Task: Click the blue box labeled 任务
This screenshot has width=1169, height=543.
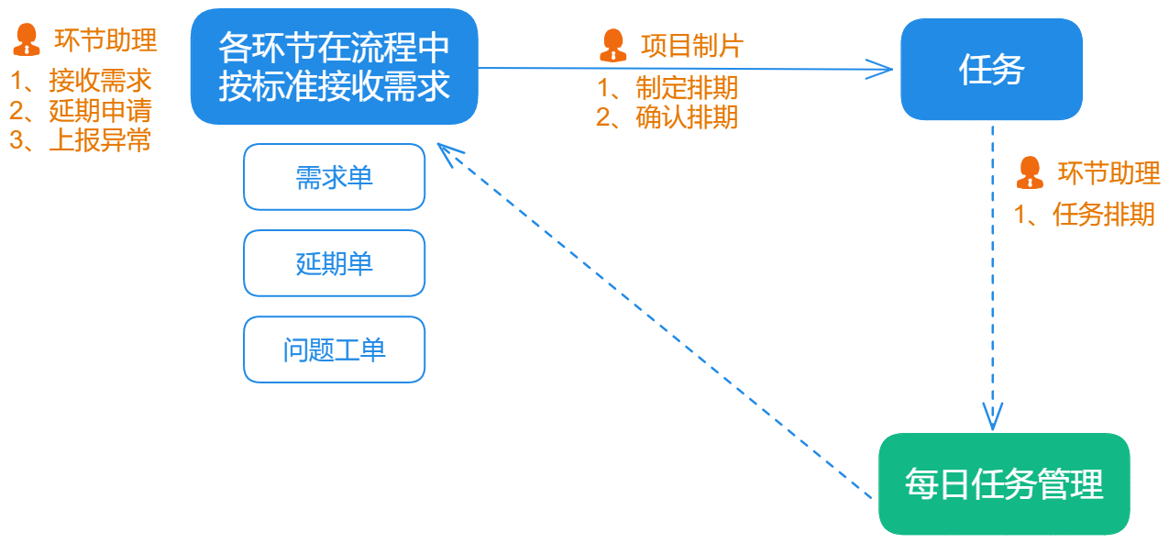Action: pyautogui.click(x=991, y=70)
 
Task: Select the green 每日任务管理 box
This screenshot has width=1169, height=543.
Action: pyautogui.click(x=1004, y=483)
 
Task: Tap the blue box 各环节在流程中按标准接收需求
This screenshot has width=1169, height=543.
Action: pyautogui.click(x=334, y=66)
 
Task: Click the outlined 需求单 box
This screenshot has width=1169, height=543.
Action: pyautogui.click(x=334, y=177)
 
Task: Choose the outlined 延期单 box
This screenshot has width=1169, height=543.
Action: pyautogui.click(x=334, y=263)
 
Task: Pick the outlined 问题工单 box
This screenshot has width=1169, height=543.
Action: pyautogui.click(x=334, y=349)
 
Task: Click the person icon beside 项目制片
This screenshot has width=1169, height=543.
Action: pyautogui.click(x=612, y=45)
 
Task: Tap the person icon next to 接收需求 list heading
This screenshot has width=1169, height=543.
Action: pyautogui.click(x=26, y=40)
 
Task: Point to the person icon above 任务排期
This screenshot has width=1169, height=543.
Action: pyautogui.click(x=1030, y=172)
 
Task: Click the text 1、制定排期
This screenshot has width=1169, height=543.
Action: pyautogui.click(x=667, y=89)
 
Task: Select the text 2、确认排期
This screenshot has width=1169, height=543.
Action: pyautogui.click(x=667, y=117)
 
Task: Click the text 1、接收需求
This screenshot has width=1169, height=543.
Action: pyautogui.click(x=81, y=82)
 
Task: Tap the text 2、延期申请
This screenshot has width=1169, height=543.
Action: pyautogui.click(x=81, y=111)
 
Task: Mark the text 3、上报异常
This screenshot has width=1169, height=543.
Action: pyautogui.click(x=81, y=140)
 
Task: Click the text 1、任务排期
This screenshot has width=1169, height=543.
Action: pyautogui.click(x=1084, y=215)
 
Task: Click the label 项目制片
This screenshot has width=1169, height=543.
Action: pyautogui.click(x=691, y=45)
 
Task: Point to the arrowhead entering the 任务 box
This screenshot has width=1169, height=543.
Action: pyautogui.click(x=882, y=69)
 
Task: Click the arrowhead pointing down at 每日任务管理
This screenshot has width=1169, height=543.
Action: pyautogui.click(x=991, y=417)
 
